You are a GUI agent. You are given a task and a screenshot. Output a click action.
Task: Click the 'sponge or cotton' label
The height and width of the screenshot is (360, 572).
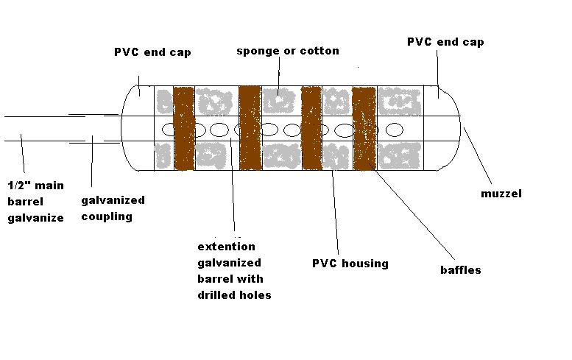click(288, 51)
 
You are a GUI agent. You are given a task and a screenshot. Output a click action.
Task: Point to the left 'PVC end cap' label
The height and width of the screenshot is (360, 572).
click(152, 52)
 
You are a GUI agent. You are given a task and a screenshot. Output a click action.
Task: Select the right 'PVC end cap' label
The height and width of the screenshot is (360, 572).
click(445, 42)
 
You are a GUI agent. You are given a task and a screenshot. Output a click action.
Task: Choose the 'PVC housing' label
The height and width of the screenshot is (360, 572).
click(350, 263)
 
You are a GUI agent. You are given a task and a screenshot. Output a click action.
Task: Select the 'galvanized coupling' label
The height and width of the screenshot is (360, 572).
click(112, 208)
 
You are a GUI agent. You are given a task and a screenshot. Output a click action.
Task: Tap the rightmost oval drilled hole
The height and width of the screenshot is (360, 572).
click(395, 130)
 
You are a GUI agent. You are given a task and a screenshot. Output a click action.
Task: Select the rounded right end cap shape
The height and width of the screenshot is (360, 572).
click(450, 129)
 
